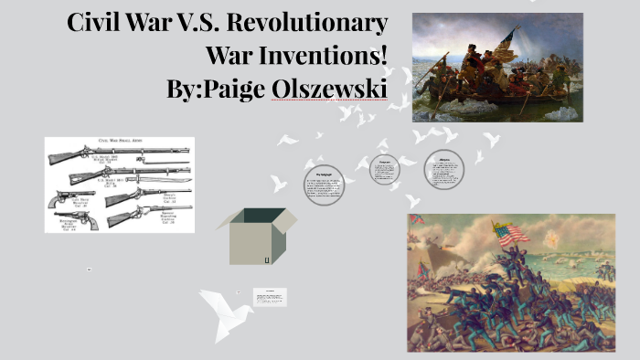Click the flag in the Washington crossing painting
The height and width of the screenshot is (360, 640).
pyautogui.click(x=508, y=38)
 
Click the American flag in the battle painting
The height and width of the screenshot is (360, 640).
pyautogui.click(x=512, y=233)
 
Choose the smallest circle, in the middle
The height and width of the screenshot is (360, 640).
pyautogui.click(x=385, y=171)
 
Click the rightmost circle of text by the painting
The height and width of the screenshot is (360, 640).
pyautogui.click(x=443, y=169)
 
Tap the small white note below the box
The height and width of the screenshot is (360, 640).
pyautogui.click(x=270, y=297)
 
